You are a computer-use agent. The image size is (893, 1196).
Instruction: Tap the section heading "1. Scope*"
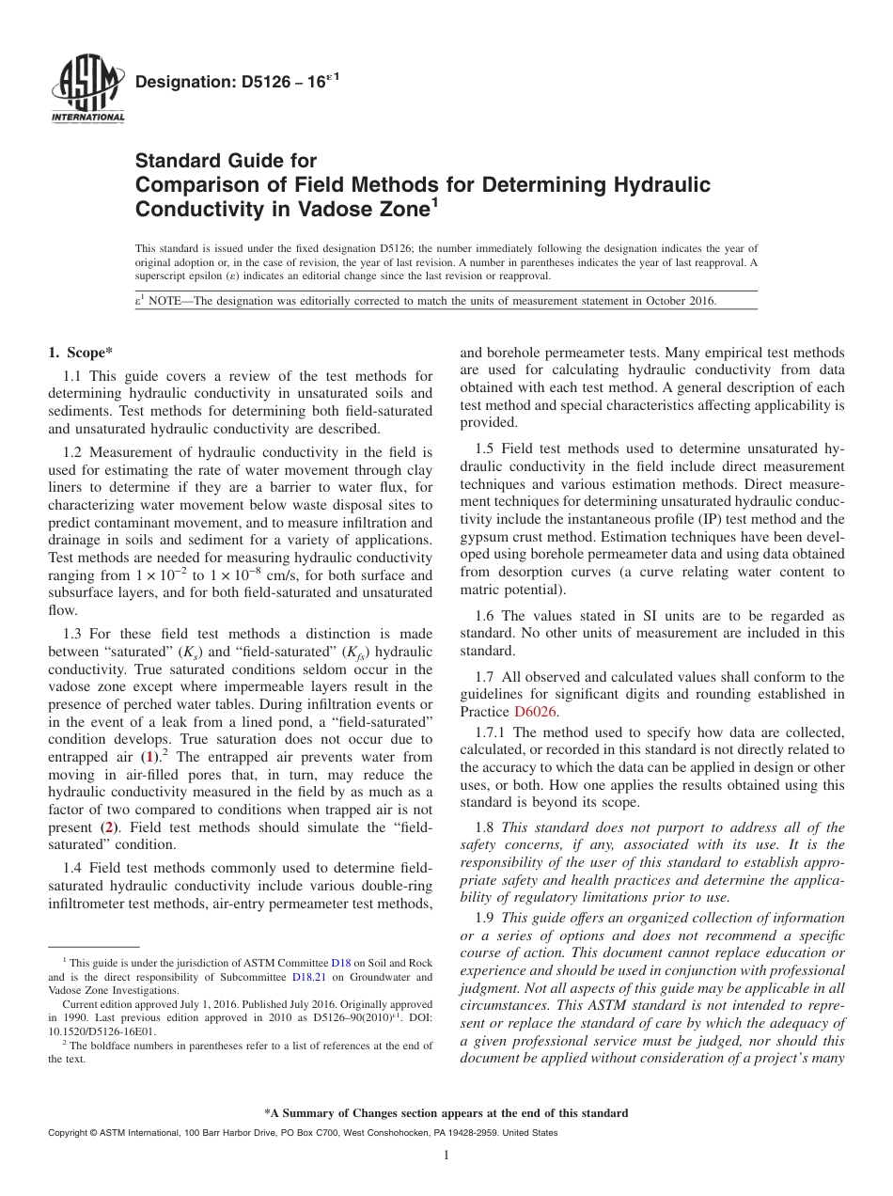[80, 354]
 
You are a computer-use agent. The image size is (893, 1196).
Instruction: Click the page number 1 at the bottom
[446, 1156]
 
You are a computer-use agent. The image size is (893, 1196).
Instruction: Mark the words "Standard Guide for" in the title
[227, 161]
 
